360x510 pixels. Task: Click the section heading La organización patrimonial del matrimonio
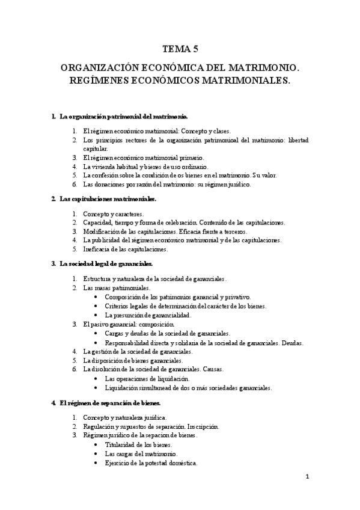pyautogui.click(x=124, y=115)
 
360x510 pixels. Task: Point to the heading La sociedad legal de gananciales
pyautogui.click(x=106, y=263)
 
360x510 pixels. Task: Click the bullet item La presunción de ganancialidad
pyautogui.click(x=148, y=315)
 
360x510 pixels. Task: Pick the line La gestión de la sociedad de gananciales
pyautogui.click(x=138, y=351)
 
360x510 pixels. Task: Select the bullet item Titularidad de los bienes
pyautogui.click(x=142, y=444)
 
